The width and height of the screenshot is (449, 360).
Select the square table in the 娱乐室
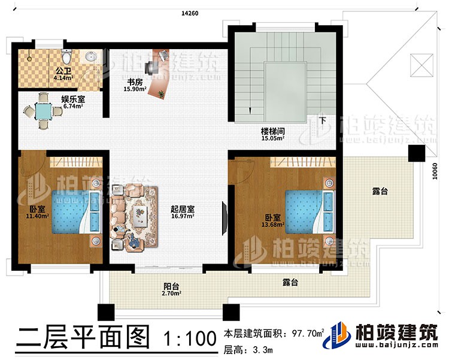[x=44, y=111]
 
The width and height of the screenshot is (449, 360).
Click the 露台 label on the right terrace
[x=379, y=192]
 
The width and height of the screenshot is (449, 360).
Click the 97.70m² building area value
[x=308, y=334]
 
